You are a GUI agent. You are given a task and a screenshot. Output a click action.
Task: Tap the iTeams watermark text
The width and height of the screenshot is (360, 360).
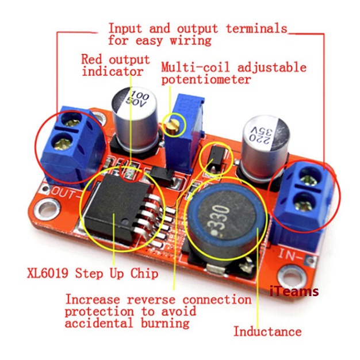coord(294,291)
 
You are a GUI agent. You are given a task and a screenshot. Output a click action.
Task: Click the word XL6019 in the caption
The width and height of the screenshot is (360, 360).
coord(48,273)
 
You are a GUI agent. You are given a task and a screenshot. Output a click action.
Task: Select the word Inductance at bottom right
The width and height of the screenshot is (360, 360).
coord(267,332)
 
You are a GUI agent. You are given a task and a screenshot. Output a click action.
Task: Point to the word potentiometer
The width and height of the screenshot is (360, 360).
coord(206,79)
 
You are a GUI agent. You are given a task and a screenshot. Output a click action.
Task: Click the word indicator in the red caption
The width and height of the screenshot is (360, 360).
coord(113,71)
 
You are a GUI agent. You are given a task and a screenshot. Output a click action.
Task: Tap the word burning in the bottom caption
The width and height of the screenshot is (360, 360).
coord(165,323)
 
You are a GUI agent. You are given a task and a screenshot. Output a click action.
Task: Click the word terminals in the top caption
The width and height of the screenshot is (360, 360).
coord(256,29)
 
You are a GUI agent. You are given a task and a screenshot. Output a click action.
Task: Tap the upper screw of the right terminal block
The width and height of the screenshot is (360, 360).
coord(310,177)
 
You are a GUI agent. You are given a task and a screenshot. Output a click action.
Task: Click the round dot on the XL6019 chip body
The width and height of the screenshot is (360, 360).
coord(125,222)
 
